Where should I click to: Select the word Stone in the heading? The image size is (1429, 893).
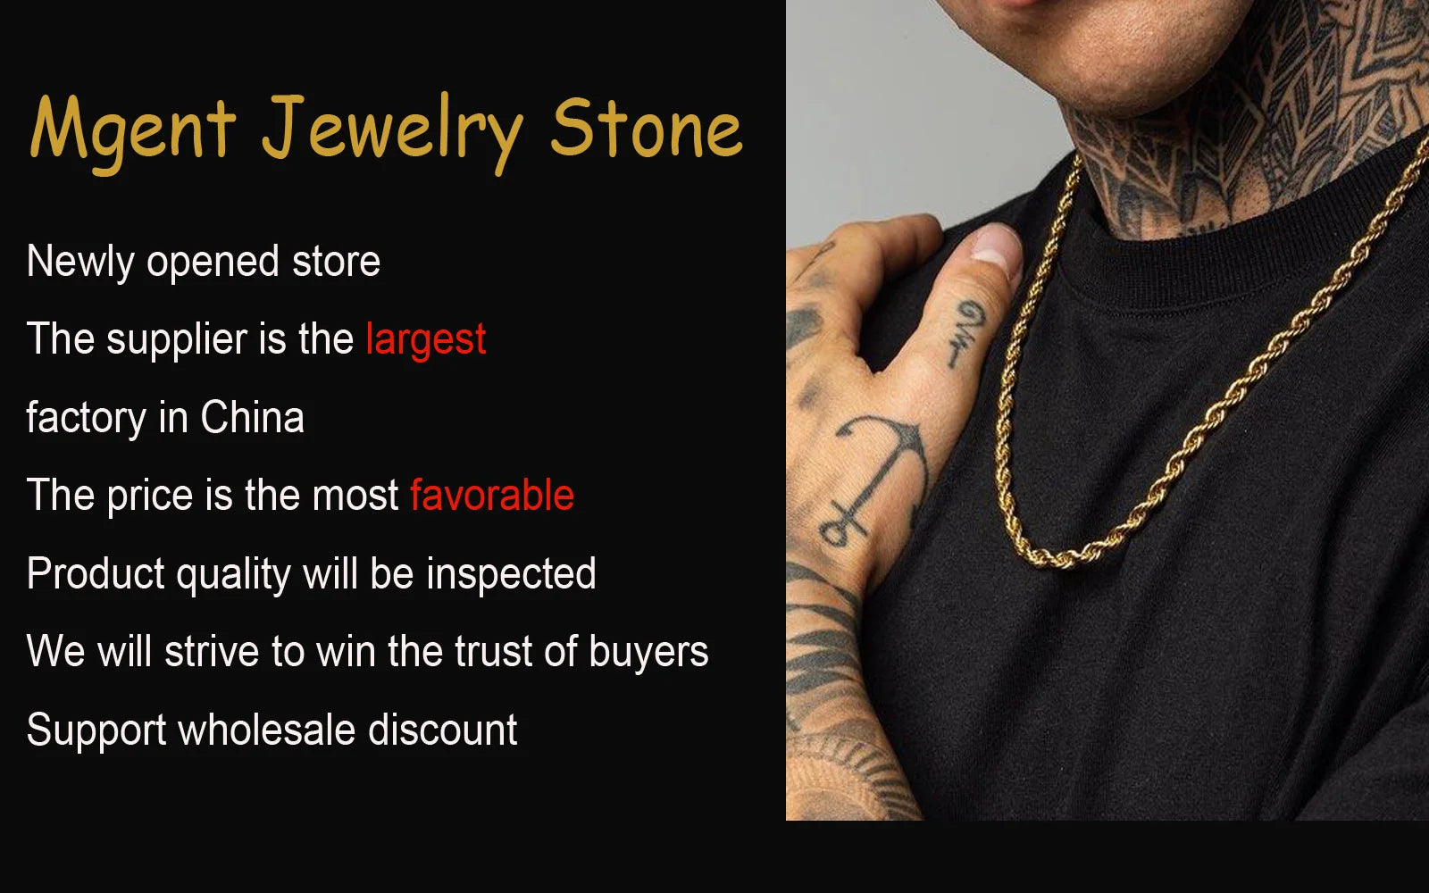point(646,129)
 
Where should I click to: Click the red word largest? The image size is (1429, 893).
point(425,340)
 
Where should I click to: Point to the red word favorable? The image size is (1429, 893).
point(491,496)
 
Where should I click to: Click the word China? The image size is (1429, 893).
point(252,418)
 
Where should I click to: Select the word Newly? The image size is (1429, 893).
point(79,263)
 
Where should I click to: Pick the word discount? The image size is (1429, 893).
point(442,730)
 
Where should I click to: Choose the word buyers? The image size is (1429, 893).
point(648,653)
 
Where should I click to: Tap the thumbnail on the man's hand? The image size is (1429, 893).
point(996,245)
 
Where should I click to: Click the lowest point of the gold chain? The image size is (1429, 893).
point(1058,559)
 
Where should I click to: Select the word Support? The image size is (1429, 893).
point(96,731)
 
